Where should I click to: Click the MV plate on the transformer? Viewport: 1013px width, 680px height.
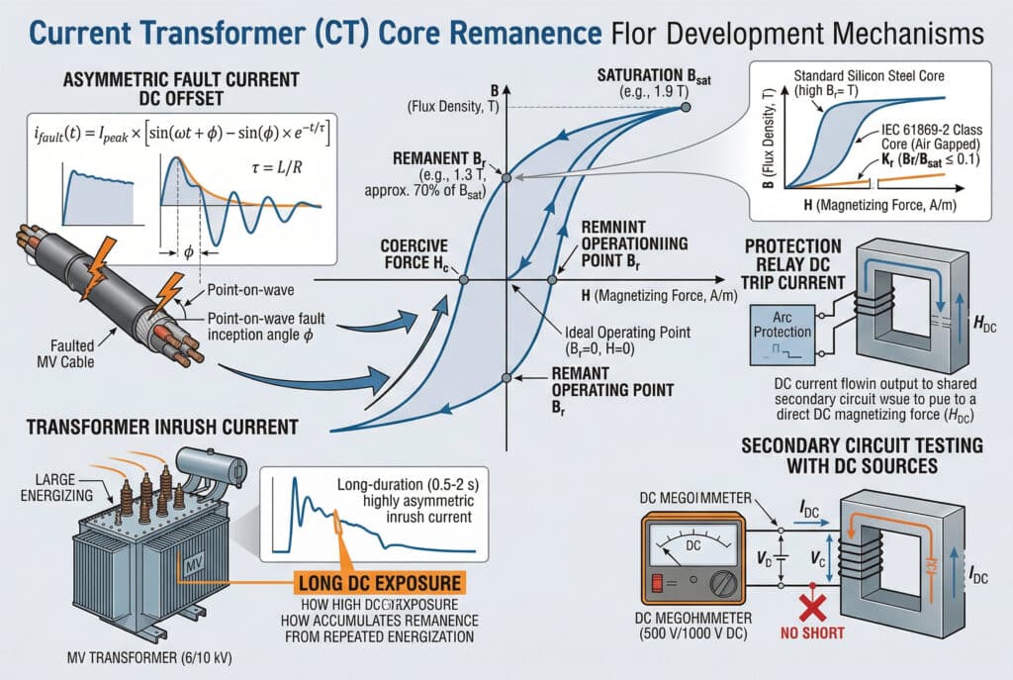point(185,563)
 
